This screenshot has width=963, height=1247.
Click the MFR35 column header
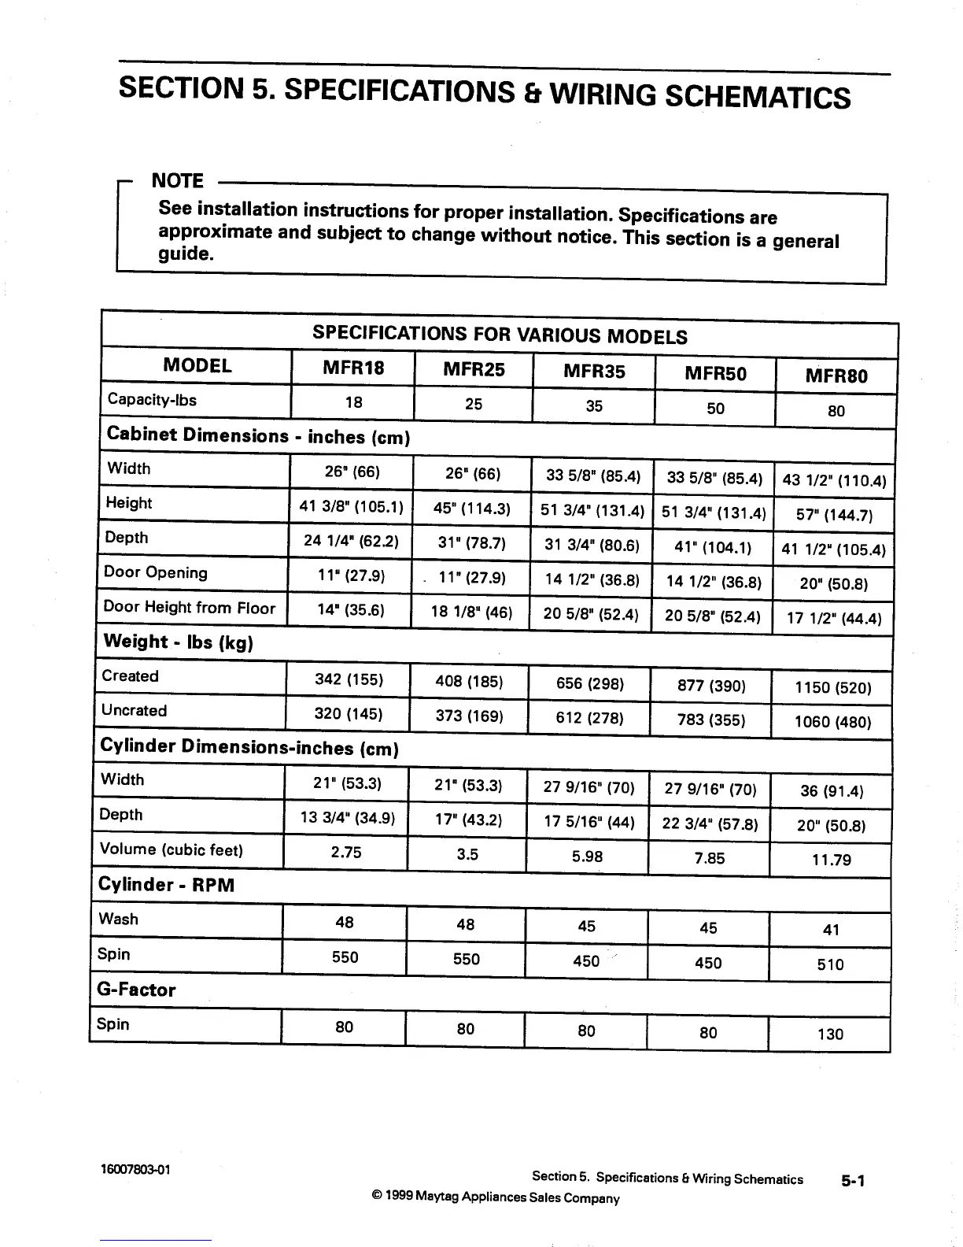click(x=594, y=371)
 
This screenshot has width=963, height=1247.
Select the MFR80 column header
click(x=836, y=376)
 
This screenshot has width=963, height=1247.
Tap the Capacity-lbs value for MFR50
click(x=715, y=409)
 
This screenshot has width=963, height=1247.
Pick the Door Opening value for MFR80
click(x=833, y=584)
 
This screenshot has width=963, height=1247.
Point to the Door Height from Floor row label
click(x=190, y=608)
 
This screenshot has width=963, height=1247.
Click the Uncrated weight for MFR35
click(x=589, y=718)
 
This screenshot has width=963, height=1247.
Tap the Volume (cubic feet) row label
click(x=172, y=849)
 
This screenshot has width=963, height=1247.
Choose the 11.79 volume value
click(x=831, y=860)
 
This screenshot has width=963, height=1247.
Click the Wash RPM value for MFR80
click(x=831, y=930)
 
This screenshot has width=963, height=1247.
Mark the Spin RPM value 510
click(x=830, y=964)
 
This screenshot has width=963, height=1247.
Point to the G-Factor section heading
click(x=137, y=990)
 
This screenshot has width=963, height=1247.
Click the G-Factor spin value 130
click(x=830, y=1034)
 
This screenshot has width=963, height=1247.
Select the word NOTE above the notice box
click(x=177, y=181)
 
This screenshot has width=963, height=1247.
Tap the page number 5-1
click(x=853, y=1180)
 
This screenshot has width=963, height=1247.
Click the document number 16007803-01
click(x=136, y=1169)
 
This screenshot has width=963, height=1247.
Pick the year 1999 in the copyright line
click(x=399, y=1197)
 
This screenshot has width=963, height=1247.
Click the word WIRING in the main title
click(x=601, y=94)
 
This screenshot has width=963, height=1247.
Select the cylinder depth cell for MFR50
click(x=710, y=824)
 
